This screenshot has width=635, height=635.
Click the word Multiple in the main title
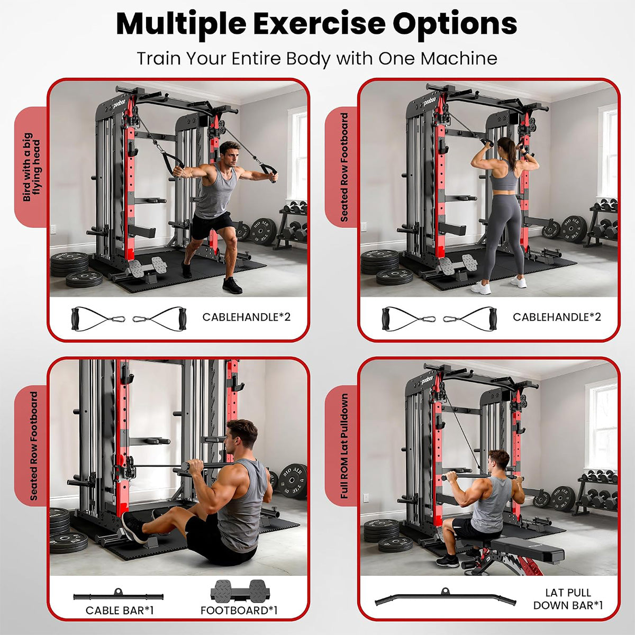click(x=181, y=24)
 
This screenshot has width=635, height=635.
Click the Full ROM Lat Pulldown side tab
click(x=344, y=446)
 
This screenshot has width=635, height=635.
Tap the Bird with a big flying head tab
click(x=32, y=166)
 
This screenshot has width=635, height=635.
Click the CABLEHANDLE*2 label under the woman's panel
click(x=557, y=317)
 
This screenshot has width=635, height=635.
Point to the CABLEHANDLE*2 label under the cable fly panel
click(x=246, y=317)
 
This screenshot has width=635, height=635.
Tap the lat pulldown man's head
click(x=499, y=461)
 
